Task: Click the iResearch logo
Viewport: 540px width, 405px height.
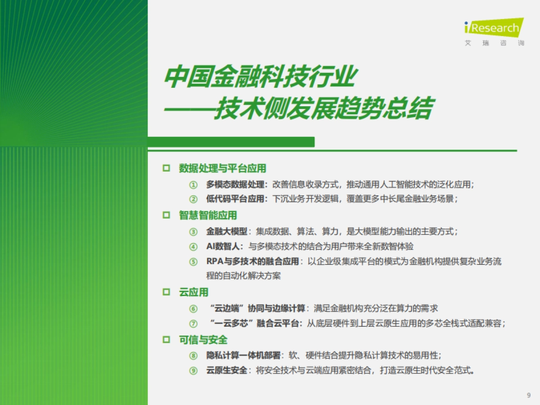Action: [x=494, y=28]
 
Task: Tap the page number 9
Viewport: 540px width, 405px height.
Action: [x=528, y=396]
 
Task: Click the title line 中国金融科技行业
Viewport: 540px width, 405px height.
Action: [x=259, y=78]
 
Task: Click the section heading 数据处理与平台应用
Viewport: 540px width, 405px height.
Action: [x=222, y=168]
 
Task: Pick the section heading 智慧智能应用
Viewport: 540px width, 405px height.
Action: [x=208, y=216]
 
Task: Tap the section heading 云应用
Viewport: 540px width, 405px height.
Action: [x=193, y=292]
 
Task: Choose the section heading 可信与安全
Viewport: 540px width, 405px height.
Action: [x=203, y=340]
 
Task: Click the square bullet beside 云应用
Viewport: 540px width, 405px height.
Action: [x=166, y=292]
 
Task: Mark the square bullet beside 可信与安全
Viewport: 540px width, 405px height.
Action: [x=166, y=340]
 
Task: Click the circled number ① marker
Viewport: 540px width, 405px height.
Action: [x=193, y=184]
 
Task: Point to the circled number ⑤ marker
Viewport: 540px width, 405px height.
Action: [x=193, y=262]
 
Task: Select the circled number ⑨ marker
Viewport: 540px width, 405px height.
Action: [x=193, y=371]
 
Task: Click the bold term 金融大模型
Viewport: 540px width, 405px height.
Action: [x=227, y=232]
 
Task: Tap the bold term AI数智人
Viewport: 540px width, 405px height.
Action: [x=224, y=247]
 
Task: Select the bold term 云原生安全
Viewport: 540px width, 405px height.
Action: [x=227, y=371]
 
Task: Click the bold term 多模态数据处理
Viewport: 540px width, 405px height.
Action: [x=237, y=184]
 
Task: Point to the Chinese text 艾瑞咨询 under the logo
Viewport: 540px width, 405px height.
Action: [x=494, y=44]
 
